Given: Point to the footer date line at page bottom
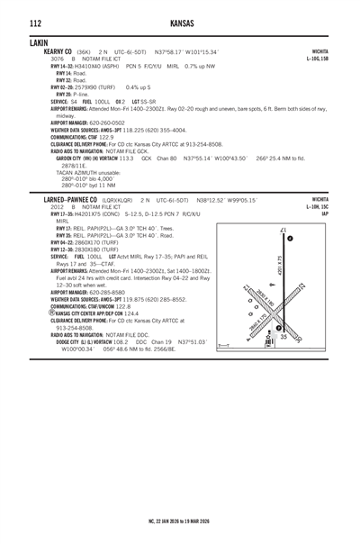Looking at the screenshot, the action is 179,521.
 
